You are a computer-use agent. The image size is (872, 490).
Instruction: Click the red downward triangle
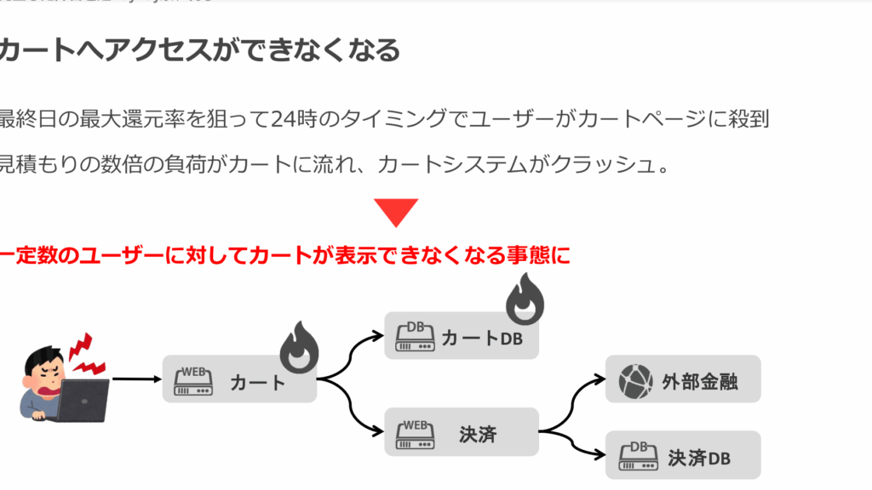pyautogui.click(x=396, y=211)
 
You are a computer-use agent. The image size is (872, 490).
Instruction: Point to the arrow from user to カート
pyautogui.click(x=136, y=379)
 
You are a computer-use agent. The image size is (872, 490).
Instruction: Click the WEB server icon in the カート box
pyautogui.click(x=192, y=380)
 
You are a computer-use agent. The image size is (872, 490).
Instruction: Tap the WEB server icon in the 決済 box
pyautogui.click(x=413, y=434)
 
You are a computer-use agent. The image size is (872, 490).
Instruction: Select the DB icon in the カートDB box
pyautogui.click(x=415, y=337)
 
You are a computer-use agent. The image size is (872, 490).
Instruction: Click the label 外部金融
pyautogui.click(x=700, y=381)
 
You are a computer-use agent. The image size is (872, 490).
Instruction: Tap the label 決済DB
pyautogui.click(x=699, y=458)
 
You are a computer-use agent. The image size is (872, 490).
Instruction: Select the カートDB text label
pyautogui.click(x=481, y=338)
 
